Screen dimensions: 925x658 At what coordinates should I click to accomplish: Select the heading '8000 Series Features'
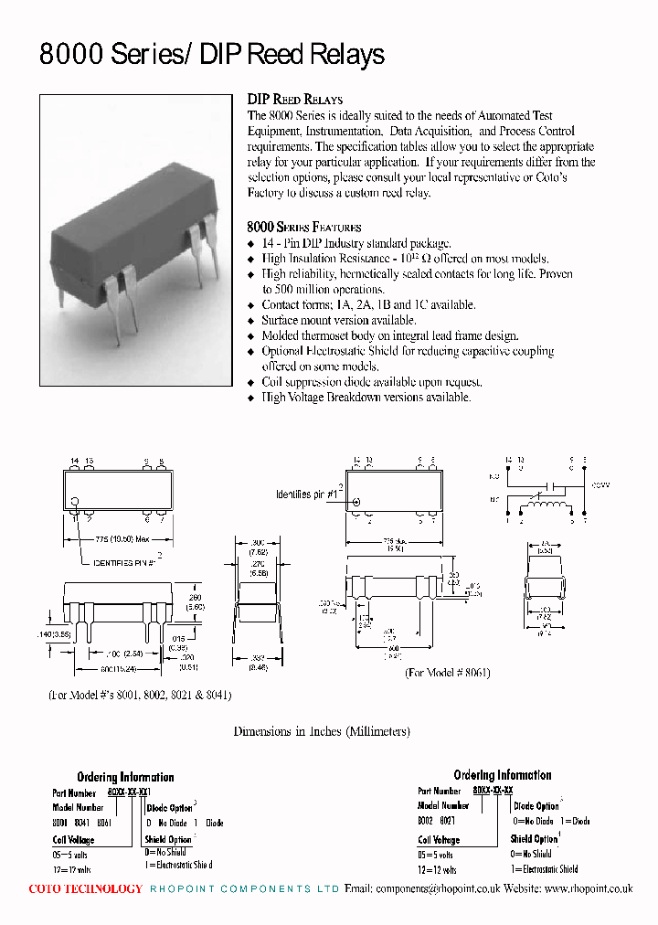click(304, 227)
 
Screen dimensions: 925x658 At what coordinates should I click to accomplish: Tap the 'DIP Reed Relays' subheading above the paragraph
click(295, 100)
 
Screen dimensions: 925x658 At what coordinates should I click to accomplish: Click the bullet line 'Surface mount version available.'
click(338, 320)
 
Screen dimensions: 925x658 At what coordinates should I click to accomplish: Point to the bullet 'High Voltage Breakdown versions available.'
click(366, 398)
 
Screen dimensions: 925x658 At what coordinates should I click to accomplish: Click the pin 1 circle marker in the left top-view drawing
click(76, 501)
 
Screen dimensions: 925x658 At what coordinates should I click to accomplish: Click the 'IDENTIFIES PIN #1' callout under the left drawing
click(128, 564)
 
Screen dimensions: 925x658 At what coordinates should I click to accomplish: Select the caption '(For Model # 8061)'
click(448, 672)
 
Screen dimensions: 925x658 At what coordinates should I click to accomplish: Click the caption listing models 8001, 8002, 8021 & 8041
click(140, 695)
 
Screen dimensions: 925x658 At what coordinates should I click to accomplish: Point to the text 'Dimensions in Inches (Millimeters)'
click(322, 731)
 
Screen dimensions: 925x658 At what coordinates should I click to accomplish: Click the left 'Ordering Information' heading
click(125, 777)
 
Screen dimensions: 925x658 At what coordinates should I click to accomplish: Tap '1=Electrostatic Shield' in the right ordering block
click(545, 869)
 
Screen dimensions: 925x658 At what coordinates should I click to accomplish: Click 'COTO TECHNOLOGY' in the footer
click(86, 888)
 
